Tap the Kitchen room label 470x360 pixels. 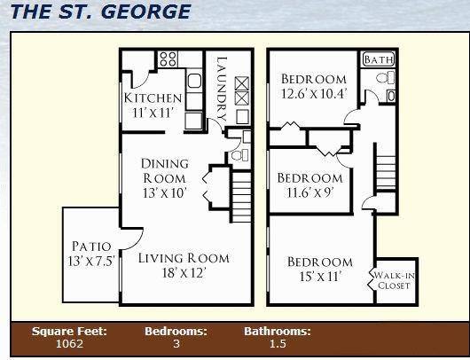pos(153,98)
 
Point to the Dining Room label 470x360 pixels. pos(165,170)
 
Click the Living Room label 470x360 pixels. pos(184,259)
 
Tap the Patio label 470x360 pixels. pos(91,247)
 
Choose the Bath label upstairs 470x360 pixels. pos(379,60)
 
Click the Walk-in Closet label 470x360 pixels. pos(396,280)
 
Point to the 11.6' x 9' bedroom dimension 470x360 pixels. pos(309,192)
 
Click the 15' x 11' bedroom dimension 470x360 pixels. pos(319,278)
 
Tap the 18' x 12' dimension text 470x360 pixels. pos(184,274)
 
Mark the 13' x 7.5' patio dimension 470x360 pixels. pos(91,261)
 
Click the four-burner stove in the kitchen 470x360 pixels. pos(168,59)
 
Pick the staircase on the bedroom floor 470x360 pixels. pos(385,171)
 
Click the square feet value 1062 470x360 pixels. pos(68,343)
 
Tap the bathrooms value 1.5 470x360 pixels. pos(278,343)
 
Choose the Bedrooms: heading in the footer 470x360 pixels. pos(176,331)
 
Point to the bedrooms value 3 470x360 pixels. pos(176,343)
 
